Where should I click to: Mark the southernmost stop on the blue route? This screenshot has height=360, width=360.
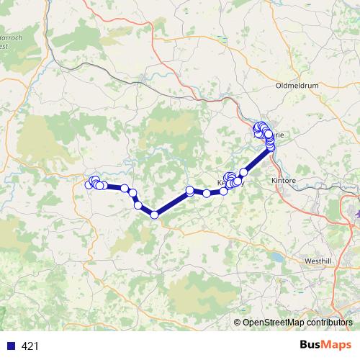pos(154,214)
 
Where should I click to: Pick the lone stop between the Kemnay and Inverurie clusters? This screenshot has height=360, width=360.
pos(243,172)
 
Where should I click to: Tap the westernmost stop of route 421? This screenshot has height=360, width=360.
pos(89,185)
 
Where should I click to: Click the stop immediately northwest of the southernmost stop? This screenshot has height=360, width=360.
pos(138,205)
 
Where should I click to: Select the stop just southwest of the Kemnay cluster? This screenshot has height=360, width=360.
pos(207,193)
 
